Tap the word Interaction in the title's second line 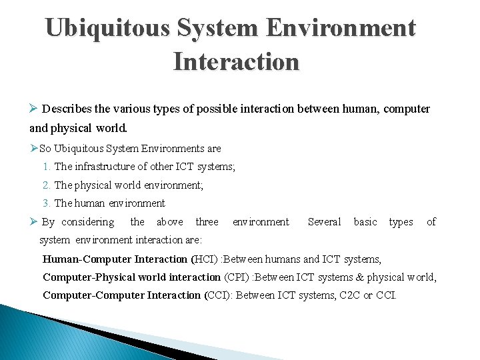pyautogui.click(x=236, y=61)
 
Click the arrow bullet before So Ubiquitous pyautogui.click(x=34, y=148)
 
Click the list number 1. pyautogui.click(x=46, y=167)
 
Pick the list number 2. pyautogui.click(x=46, y=185)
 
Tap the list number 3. pyautogui.click(x=46, y=203)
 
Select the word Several pyautogui.click(x=324, y=222)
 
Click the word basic pyautogui.click(x=365, y=222)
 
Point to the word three pyautogui.click(x=207, y=222)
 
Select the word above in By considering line pyautogui.click(x=169, y=222)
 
